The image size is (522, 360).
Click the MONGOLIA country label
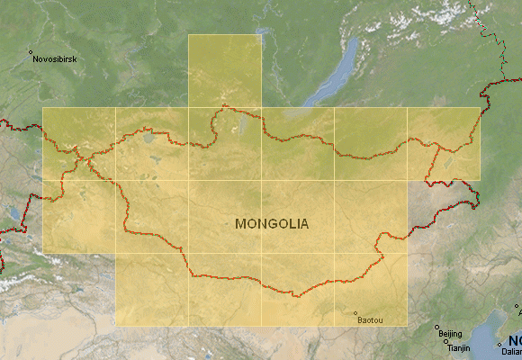[x=272, y=223]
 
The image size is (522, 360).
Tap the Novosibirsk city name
[x=54, y=59]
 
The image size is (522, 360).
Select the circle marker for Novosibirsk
[x=31, y=52]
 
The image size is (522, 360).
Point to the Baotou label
[x=369, y=320]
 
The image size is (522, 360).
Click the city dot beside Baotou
[x=355, y=314]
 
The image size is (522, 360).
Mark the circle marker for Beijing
[x=436, y=328]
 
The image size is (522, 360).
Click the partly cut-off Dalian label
[x=510, y=352]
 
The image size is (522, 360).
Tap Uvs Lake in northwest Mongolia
[x=146, y=138]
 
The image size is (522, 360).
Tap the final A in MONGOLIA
[x=303, y=223]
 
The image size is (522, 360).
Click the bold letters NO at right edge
[x=515, y=340]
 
